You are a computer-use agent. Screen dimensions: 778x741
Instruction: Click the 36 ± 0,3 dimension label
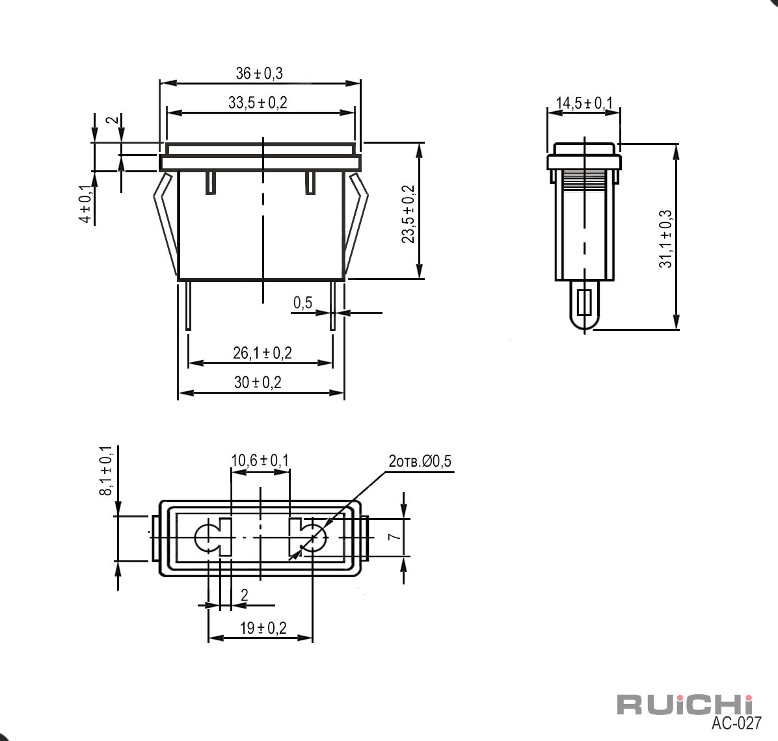click(x=259, y=73)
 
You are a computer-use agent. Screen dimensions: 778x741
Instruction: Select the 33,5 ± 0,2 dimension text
click(x=258, y=103)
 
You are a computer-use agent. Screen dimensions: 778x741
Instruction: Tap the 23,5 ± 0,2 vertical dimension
click(x=408, y=214)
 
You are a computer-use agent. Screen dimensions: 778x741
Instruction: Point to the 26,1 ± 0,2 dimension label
click(x=262, y=353)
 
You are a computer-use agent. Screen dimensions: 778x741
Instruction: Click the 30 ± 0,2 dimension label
click(x=258, y=382)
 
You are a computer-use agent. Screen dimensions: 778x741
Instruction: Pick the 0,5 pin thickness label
click(x=302, y=302)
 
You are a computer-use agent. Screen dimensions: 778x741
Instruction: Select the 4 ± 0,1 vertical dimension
click(x=86, y=203)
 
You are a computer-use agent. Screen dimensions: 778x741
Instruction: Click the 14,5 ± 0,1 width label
click(x=584, y=103)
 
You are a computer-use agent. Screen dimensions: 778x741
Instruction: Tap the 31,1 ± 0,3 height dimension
click(x=665, y=239)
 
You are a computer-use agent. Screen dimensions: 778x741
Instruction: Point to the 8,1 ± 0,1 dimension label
click(x=106, y=471)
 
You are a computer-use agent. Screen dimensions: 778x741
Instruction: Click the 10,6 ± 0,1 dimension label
click(x=260, y=460)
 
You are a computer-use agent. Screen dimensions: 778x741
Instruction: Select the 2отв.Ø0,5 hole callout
click(x=420, y=461)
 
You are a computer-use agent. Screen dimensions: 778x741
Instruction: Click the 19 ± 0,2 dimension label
click(x=263, y=628)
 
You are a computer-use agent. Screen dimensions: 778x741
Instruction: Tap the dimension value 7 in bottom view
click(x=394, y=537)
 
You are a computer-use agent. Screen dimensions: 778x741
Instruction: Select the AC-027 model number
click(x=736, y=723)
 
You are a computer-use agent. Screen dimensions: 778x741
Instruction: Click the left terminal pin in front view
click(x=189, y=305)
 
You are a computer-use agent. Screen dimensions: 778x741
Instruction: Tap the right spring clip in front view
click(x=357, y=224)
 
